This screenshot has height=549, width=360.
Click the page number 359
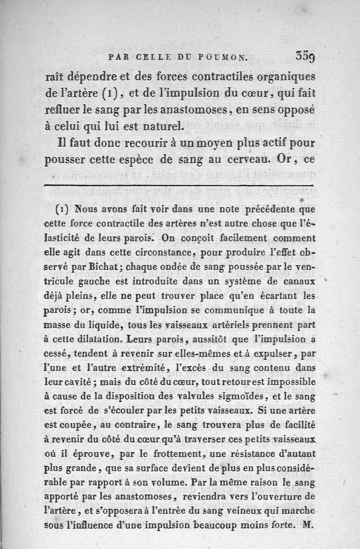pos(305,57)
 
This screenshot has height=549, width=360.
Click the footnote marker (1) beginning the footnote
pos(61,209)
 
